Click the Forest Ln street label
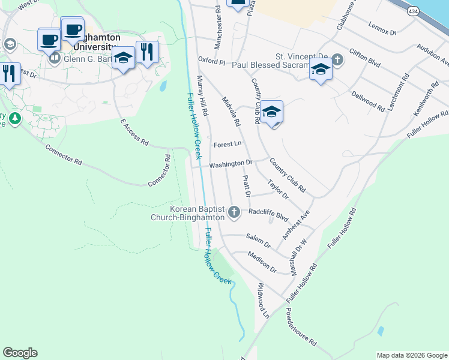click(x=228, y=144)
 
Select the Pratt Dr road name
click(x=246, y=187)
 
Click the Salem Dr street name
click(x=259, y=241)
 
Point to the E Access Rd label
click(x=134, y=132)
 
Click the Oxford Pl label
click(x=211, y=61)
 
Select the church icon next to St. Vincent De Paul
click(x=337, y=59)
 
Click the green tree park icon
click(x=14, y=118)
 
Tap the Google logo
click(x=20, y=353)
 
